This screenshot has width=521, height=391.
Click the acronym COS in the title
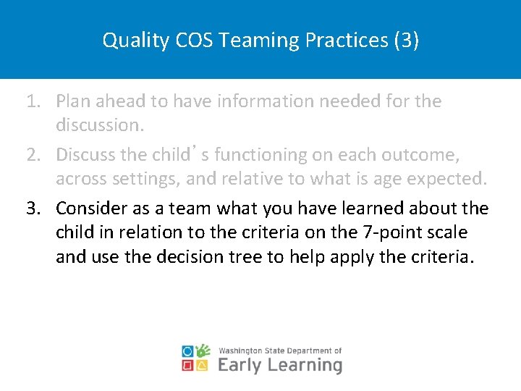coord(195,40)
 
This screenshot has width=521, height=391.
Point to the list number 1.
coord(33,101)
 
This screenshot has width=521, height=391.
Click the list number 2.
coord(33,155)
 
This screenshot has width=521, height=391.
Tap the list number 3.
coord(33,209)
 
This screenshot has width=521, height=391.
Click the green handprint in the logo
coord(203,350)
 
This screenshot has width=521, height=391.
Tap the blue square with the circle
coord(188,351)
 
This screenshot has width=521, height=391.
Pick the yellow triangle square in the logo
coord(203,366)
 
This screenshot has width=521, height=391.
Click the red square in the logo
coord(188,366)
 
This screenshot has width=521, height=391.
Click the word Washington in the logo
coord(242,350)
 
